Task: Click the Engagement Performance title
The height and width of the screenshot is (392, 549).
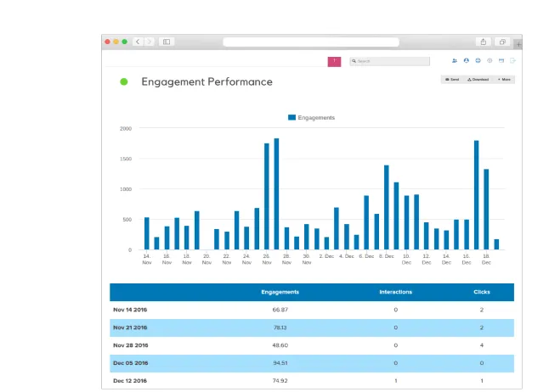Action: [207, 82]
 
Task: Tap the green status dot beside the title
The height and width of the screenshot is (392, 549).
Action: [124, 82]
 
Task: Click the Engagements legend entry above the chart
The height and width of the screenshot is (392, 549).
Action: [311, 118]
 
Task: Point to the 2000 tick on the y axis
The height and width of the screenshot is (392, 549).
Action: [125, 129]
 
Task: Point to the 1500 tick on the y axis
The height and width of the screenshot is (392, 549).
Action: [125, 159]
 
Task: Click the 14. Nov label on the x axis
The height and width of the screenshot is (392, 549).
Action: [146, 258]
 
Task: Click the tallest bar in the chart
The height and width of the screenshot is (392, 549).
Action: [276, 193]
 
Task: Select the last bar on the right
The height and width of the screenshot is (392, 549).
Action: [496, 244]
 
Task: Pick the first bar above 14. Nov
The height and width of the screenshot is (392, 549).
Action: [146, 233]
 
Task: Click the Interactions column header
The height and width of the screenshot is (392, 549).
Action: [395, 292]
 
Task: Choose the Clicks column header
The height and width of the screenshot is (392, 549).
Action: [482, 292]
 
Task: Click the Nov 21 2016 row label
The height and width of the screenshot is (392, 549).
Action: [130, 328]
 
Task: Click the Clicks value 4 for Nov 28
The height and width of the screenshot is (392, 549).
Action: [482, 345]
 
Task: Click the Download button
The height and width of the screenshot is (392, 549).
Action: [478, 79]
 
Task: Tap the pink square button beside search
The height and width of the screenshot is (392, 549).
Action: [334, 61]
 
